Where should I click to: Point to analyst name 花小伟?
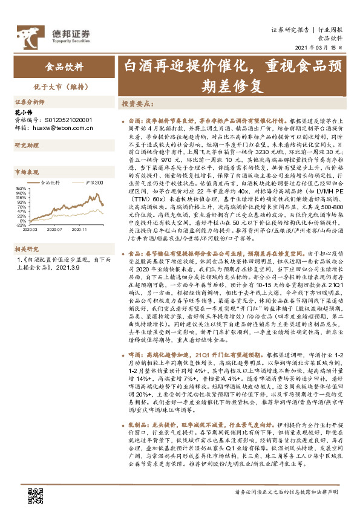(24, 113)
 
